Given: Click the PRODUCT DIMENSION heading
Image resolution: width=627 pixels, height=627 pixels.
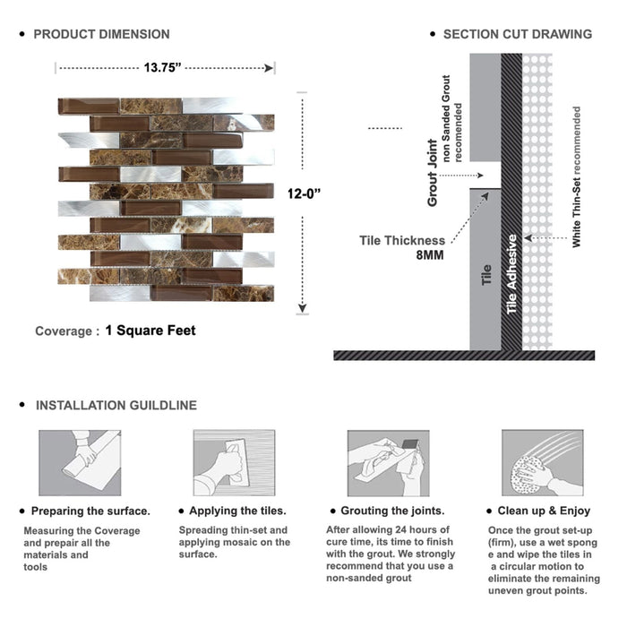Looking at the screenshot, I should coord(101,34).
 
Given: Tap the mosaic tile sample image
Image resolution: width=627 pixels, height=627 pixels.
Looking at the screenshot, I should coord(166,199).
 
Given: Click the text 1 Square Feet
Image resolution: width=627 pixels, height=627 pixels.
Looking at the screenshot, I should coord(150,331).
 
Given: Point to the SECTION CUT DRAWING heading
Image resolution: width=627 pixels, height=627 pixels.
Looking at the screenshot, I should coord(517,34).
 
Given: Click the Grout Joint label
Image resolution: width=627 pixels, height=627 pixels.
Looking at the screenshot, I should coord(433,173).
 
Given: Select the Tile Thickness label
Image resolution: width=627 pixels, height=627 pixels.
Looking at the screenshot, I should coord(401,240).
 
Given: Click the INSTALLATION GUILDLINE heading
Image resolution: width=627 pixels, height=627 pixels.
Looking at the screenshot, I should coord(116,405).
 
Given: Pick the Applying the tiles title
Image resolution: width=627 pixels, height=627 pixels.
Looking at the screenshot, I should coord(238,511).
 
